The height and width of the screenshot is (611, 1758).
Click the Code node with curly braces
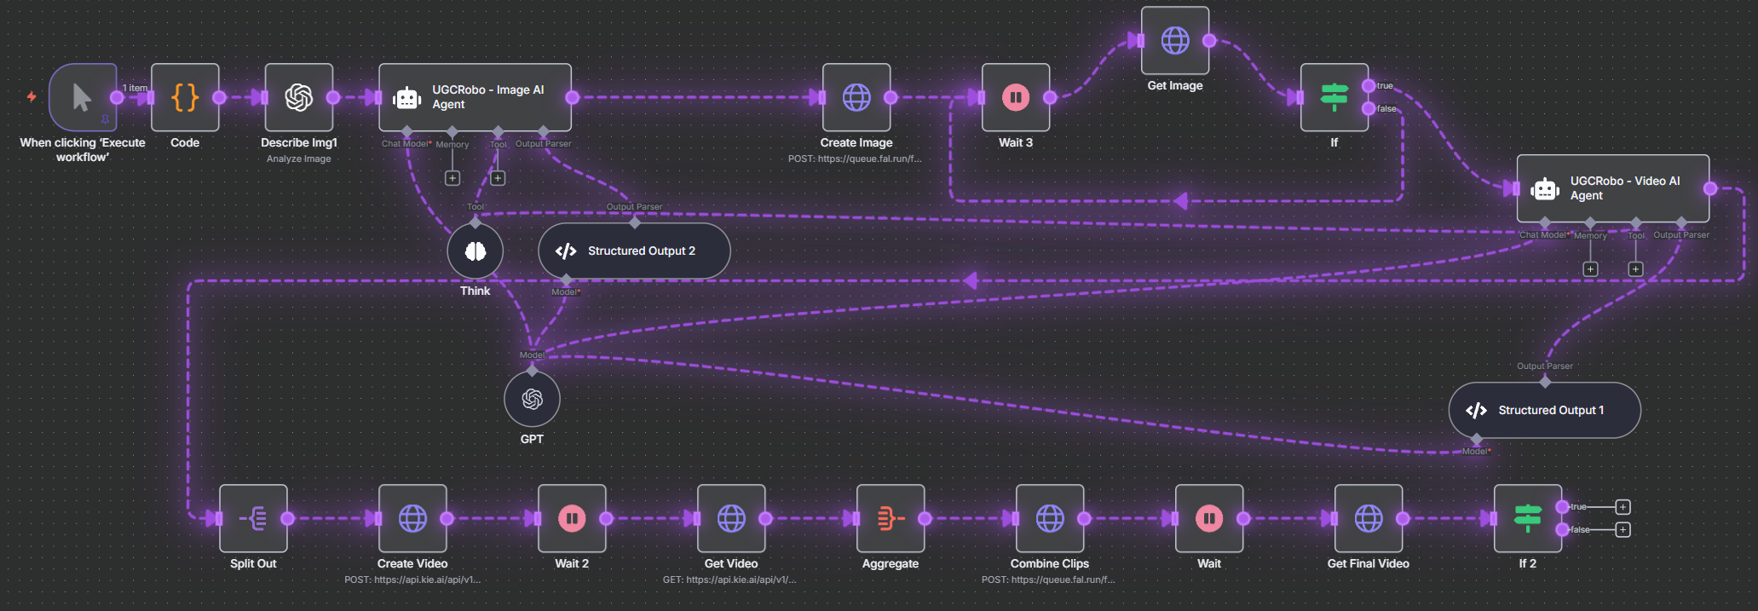pos(185,97)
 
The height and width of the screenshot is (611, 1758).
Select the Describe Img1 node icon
pos(299,97)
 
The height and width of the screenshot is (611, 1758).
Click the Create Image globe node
pos(856,97)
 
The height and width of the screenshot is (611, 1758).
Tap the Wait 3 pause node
pos(1016,97)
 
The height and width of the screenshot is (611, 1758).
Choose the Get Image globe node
pos(1175,40)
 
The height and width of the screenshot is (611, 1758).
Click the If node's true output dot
pos(1368,85)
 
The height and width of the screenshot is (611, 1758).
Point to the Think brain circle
pos(476,251)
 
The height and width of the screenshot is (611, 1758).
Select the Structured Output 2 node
pos(634,251)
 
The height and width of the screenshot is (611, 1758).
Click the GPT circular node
pos(532,399)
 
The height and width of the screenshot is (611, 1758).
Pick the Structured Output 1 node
pos(1544,410)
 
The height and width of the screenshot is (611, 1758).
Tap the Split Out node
pos(253,518)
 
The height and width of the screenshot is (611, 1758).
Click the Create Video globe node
pos(412,518)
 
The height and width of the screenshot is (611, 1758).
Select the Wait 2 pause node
pos(572,518)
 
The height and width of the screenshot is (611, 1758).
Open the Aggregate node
pos(891,518)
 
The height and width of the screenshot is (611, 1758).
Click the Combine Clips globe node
pos(1050,518)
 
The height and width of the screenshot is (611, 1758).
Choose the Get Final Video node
pos(1369,518)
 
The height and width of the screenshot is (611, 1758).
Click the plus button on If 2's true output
pos(1623,507)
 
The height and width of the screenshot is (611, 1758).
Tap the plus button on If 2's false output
pos(1623,529)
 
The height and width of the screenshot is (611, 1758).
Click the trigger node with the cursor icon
pos(83,97)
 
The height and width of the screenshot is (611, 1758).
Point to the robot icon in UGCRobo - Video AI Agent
pos(1545,189)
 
